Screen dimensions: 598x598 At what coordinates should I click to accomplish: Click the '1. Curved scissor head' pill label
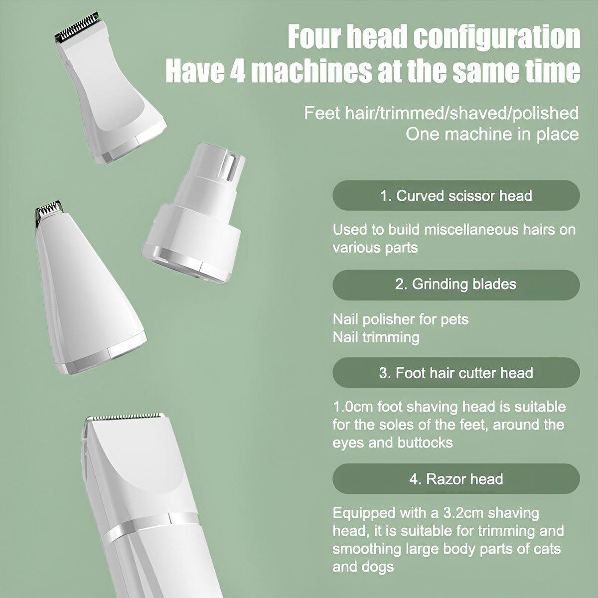click(456, 195)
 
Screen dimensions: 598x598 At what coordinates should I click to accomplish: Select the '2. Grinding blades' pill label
click(456, 284)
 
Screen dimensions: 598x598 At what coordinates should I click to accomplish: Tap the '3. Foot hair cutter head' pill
click(456, 372)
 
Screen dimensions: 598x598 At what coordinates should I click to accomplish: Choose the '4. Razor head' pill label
click(456, 479)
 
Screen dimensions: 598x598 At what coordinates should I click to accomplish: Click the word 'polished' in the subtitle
click(546, 113)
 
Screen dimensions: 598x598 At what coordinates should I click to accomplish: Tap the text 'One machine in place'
click(492, 135)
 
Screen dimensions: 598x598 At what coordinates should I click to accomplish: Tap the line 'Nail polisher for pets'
click(400, 319)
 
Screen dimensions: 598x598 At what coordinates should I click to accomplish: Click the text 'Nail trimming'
click(376, 337)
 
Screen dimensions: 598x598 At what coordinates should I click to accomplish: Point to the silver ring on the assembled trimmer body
click(151, 524)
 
